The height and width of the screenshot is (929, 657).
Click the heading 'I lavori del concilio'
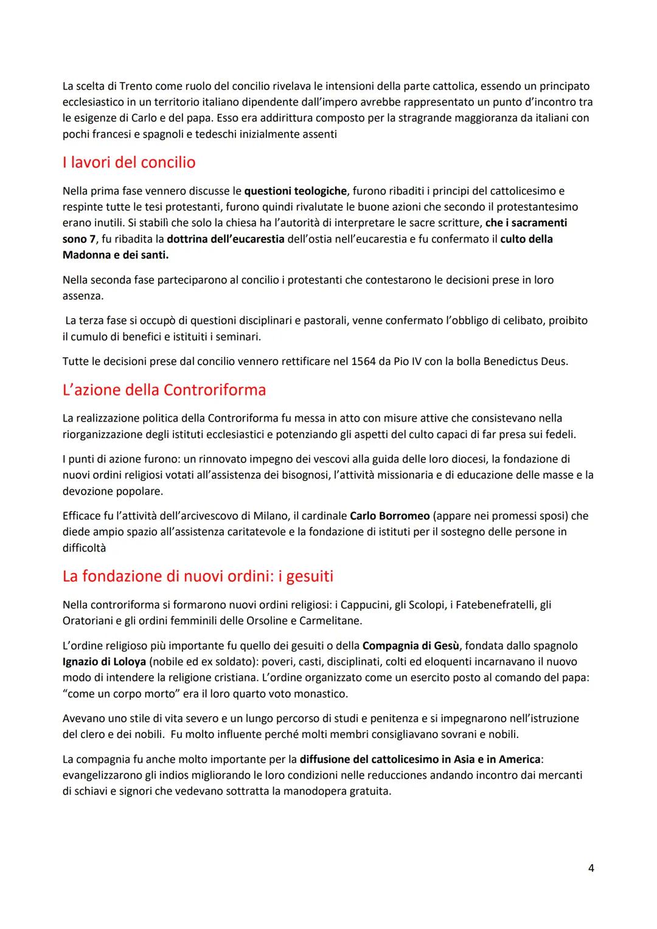[129, 163]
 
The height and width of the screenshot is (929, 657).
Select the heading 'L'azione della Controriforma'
[164, 390]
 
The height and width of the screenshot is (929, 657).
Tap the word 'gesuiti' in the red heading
[310, 576]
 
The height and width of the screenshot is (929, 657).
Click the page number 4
[591, 868]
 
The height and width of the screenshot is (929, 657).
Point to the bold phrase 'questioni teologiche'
[295, 192]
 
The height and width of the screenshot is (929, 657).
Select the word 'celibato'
[521, 321]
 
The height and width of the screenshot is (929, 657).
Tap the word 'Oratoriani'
[89, 621]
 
